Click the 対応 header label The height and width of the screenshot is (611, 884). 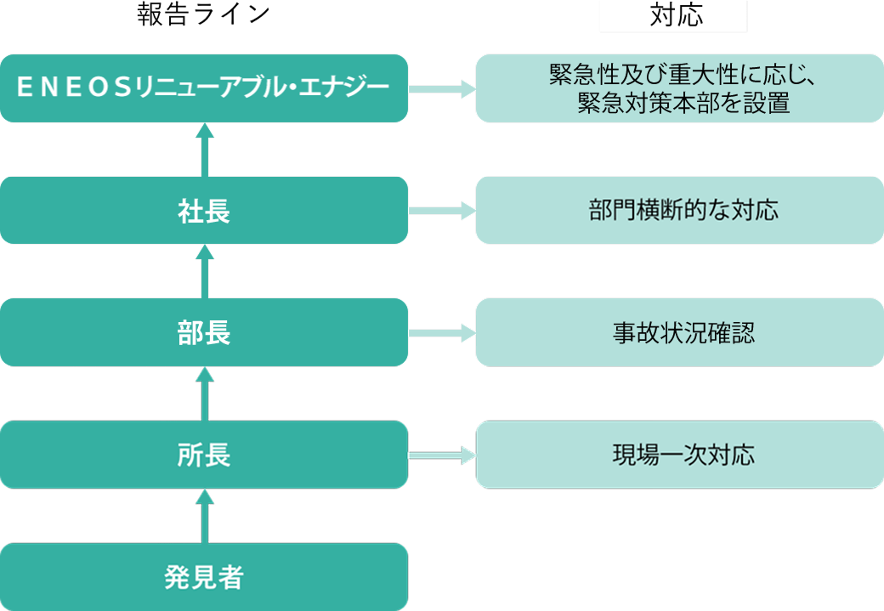(x=673, y=16)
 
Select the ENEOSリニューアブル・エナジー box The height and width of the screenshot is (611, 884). (x=204, y=88)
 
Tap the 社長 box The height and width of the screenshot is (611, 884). (x=204, y=210)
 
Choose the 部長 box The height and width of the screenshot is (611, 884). (x=204, y=332)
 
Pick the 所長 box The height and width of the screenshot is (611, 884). (x=204, y=455)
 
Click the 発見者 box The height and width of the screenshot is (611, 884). (x=204, y=577)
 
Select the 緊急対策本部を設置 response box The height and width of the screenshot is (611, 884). (x=679, y=88)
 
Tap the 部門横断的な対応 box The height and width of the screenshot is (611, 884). (x=679, y=210)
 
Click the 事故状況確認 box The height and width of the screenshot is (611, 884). (x=679, y=332)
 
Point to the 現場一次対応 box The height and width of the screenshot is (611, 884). (x=679, y=455)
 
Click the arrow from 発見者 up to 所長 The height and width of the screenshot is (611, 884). (x=204, y=517)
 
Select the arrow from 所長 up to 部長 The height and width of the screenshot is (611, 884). (x=204, y=394)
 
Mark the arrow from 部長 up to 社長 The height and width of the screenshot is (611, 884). (x=204, y=272)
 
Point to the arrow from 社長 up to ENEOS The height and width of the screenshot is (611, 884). (x=204, y=150)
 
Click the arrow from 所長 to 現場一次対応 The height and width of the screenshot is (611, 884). (x=441, y=455)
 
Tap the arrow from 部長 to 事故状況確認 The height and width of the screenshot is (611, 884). (x=441, y=332)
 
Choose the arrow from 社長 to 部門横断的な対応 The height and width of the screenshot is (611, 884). (x=441, y=210)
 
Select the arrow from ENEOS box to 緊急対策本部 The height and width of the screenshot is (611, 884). (x=441, y=88)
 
